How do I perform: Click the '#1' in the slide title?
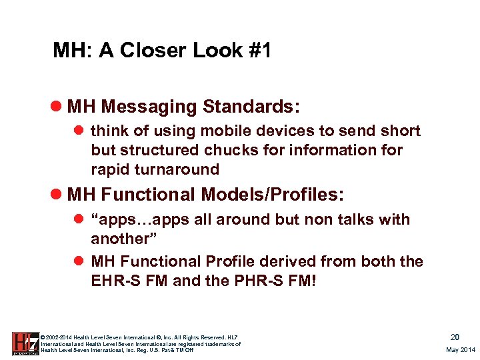tap(257, 51)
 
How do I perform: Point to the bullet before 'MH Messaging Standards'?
tap(58, 107)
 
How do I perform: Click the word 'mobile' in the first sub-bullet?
tap(246, 131)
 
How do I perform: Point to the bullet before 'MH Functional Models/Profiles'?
tap(58, 195)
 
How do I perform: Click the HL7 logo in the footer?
tap(25, 343)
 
